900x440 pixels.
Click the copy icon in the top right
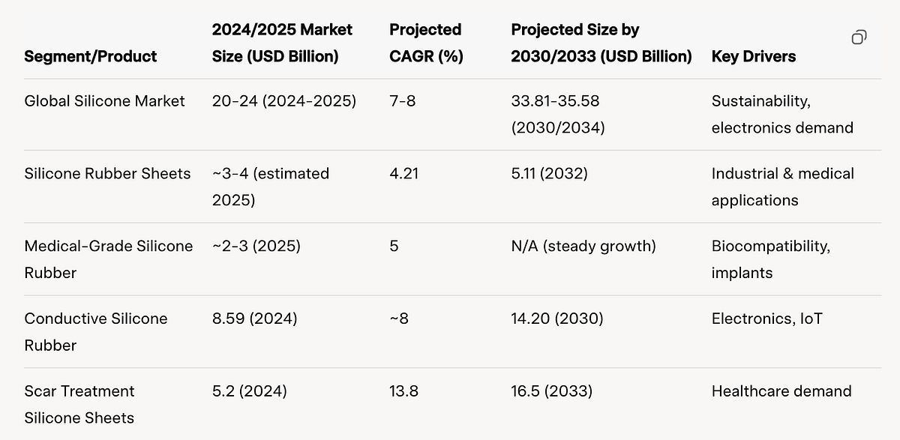[859, 37]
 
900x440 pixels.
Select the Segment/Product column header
[91, 56]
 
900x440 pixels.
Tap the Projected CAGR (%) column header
[425, 43]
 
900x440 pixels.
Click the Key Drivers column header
[754, 56]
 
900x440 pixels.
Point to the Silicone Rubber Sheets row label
[107, 173]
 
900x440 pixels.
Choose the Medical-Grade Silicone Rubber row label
[108, 259]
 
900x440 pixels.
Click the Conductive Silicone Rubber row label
[95, 332]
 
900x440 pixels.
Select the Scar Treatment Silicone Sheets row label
[79, 405]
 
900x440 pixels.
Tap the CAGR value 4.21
[404, 173]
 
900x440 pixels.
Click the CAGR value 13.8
[405, 391]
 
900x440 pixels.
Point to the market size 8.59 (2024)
[255, 319]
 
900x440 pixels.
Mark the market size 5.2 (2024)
[250, 391]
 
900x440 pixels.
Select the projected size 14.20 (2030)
[557, 319]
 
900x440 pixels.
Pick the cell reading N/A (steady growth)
[583, 246]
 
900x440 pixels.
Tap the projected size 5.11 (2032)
[549, 173]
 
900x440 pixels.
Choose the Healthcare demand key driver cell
[781, 391]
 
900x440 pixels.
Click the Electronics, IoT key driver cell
[766, 319]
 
